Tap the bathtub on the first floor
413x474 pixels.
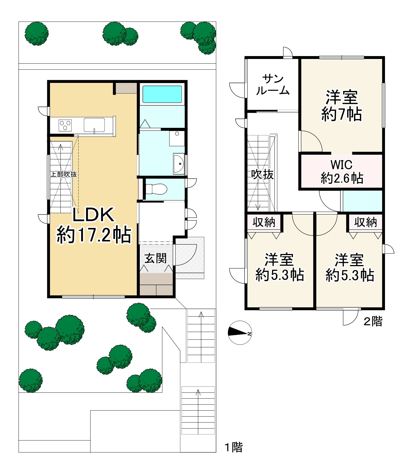[x=162, y=94]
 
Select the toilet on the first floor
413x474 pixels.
[x=156, y=189]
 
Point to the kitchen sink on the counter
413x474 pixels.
[x=94, y=125]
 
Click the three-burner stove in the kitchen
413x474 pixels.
[x=65, y=126]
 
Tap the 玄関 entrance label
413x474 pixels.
[x=156, y=258]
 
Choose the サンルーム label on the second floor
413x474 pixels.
[x=273, y=85]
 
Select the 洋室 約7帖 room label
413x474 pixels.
[x=341, y=106]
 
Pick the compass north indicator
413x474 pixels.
[x=240, y=332]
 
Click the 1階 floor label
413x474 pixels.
[x=233, y=447]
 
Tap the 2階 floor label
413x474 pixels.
[x=373, y=321]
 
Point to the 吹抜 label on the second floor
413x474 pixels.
[x=262, y=175]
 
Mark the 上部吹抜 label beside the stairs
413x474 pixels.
[x=64, y=174]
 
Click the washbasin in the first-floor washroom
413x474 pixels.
[x=179, y=163]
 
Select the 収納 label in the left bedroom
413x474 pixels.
[x=264, y=222]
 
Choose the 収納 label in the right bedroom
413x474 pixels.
[x=365, y=222]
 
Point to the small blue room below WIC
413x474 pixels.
[x=363, y=201]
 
